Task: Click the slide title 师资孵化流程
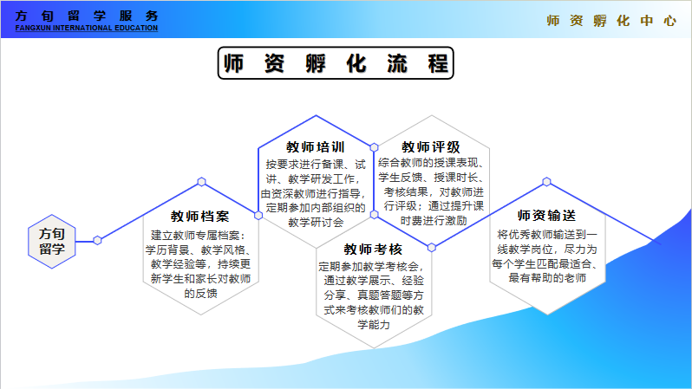336,63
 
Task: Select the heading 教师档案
200,216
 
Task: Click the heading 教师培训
316,146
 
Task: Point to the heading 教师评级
430,146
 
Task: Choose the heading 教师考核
373,250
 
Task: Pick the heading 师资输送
546,216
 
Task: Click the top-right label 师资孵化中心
611,21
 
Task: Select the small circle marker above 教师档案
201,182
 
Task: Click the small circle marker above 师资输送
546,182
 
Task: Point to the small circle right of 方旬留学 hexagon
97,240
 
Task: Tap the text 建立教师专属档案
200,235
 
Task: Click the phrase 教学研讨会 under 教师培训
316,221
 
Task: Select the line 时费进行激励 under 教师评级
431,221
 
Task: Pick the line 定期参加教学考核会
373,266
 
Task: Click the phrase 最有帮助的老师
546,278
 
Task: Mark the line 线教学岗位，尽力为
546,249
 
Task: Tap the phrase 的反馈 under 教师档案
200,293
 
